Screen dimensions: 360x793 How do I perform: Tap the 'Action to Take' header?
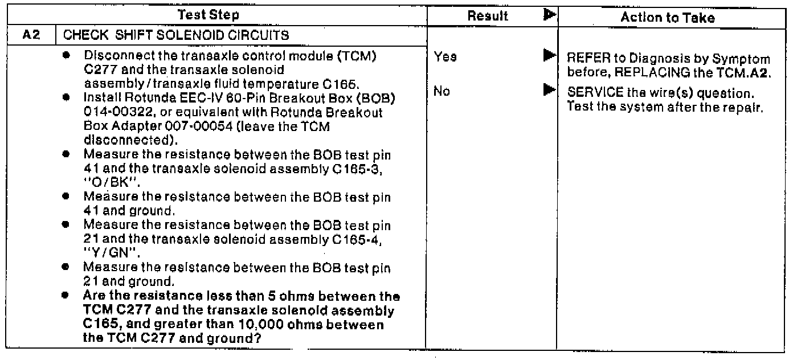point(668,18)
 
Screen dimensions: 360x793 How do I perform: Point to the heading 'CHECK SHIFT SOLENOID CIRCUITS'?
point(177,35)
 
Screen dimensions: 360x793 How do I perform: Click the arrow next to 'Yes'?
point(549,56)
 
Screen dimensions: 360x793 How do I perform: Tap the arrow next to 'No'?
point(549,89)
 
